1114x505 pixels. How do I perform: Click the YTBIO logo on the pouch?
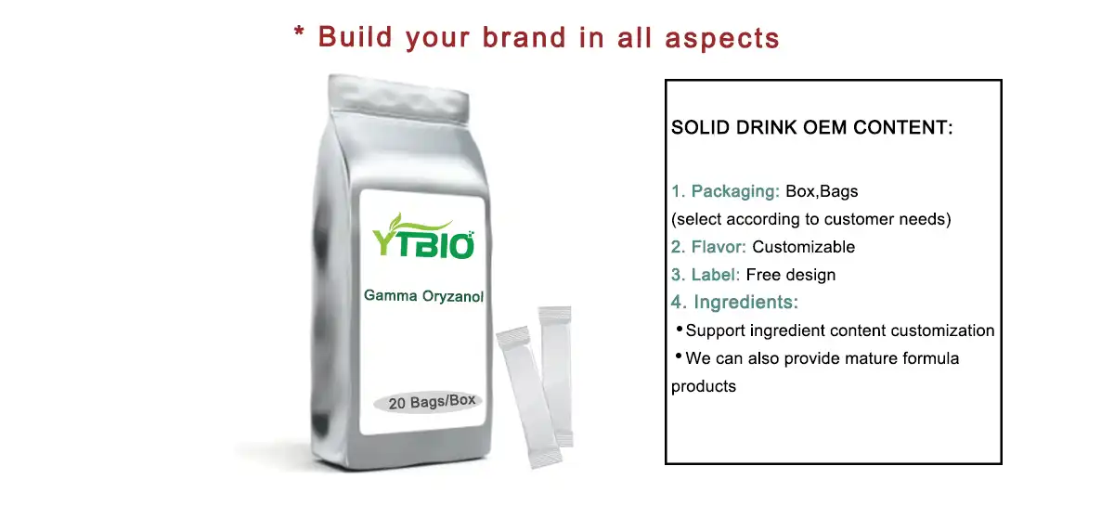[x=423, y=237]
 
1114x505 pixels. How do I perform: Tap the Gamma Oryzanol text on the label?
[x=423, y=296]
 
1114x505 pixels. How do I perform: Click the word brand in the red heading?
[x=525, y=38]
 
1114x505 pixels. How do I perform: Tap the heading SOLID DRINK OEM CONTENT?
[x=811, y=127]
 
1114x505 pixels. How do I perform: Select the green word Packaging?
[x=735, y=191]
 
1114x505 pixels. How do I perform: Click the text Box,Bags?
[x=822, y=191]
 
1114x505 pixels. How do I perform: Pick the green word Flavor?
[x=719, y=247]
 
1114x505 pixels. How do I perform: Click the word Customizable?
[x=803, y=247]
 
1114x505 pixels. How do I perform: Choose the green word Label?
[x=715, y=275]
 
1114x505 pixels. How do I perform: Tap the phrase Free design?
[x=791, y=275]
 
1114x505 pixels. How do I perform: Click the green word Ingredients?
[x=745, y=302]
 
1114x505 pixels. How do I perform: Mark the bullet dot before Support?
[x=680, y=328]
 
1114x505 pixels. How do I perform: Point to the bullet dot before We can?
[x=679, y=356]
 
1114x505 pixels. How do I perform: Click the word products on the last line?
[x=704, y=386]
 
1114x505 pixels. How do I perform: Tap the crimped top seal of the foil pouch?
[x=398, y=98]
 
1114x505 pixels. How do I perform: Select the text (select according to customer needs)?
[x=810, y=219]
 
